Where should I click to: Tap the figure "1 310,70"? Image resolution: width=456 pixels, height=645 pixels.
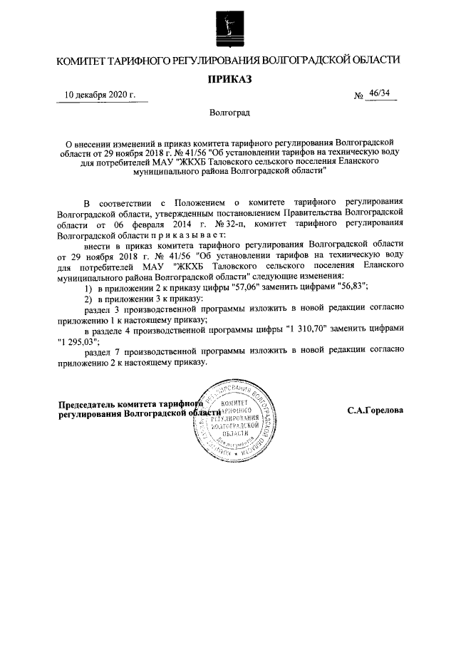(x=310, y=329)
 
